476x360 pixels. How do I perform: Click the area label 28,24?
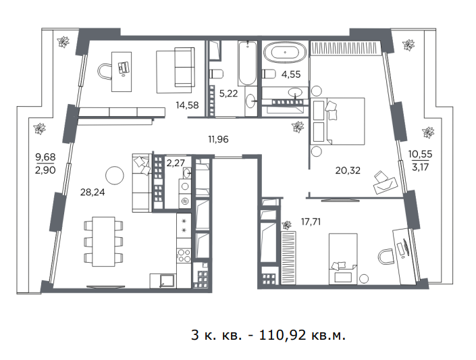click(92, 192)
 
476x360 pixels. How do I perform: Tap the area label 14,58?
click(187, 105)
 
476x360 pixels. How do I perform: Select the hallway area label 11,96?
click(218, 139)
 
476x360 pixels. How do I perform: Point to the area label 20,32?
click(348, 170)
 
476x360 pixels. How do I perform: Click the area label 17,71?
click(311, 222)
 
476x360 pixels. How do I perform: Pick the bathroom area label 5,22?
click(228, 93)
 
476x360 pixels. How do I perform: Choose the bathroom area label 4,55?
click(291, 74)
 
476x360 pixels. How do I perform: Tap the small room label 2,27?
click(176, 163)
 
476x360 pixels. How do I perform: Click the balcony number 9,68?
click(45, 157)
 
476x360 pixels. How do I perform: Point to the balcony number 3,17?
click(420, 167)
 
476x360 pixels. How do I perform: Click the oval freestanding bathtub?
click(285, 52)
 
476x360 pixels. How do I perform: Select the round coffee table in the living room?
click(115, 175)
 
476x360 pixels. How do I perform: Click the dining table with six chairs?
click(103, 242)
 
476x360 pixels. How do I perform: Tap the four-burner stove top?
click(184, 255)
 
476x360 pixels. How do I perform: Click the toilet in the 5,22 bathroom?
click(217, 74)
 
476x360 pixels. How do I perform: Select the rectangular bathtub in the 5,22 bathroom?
click(247, 63)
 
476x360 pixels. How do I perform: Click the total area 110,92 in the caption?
click(284, 336)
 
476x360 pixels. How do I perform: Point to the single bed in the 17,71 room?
click(343, 259)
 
